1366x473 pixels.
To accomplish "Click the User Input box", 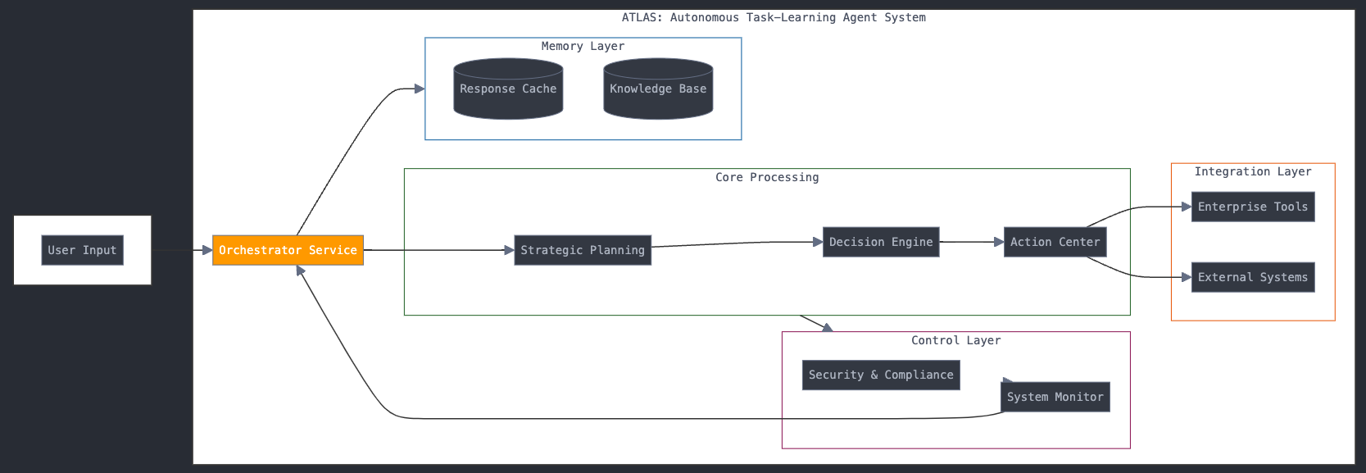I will tap(82, 250).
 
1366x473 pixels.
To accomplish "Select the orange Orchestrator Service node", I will tap(288, 250).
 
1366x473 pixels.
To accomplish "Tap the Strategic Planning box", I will tap(583, 250).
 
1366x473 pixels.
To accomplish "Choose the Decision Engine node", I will tap(881, 242).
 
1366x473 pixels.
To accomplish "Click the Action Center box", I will tap(1055, 242).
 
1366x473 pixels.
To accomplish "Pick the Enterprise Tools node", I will tap(1252, 207).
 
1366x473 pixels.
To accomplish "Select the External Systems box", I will tap(1252, 277).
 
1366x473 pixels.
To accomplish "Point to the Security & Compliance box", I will tap(881, 375).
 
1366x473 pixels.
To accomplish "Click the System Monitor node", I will tap(1055, 397).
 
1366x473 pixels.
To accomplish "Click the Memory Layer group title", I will tap(583, 46).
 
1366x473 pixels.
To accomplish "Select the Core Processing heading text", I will tap(766, 177).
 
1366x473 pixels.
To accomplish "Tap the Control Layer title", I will tap(955, 340).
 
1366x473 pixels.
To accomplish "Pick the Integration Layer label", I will tap(1252, 171).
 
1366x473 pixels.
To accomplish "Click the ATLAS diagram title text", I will tap(774, 17).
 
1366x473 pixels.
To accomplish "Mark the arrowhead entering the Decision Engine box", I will tap(818, 242).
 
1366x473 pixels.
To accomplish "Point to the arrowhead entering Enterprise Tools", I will tap(1187, 207).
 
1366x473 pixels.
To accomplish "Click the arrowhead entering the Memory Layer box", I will tap(420, 89).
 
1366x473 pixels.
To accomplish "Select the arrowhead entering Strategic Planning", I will tap(509, 250).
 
